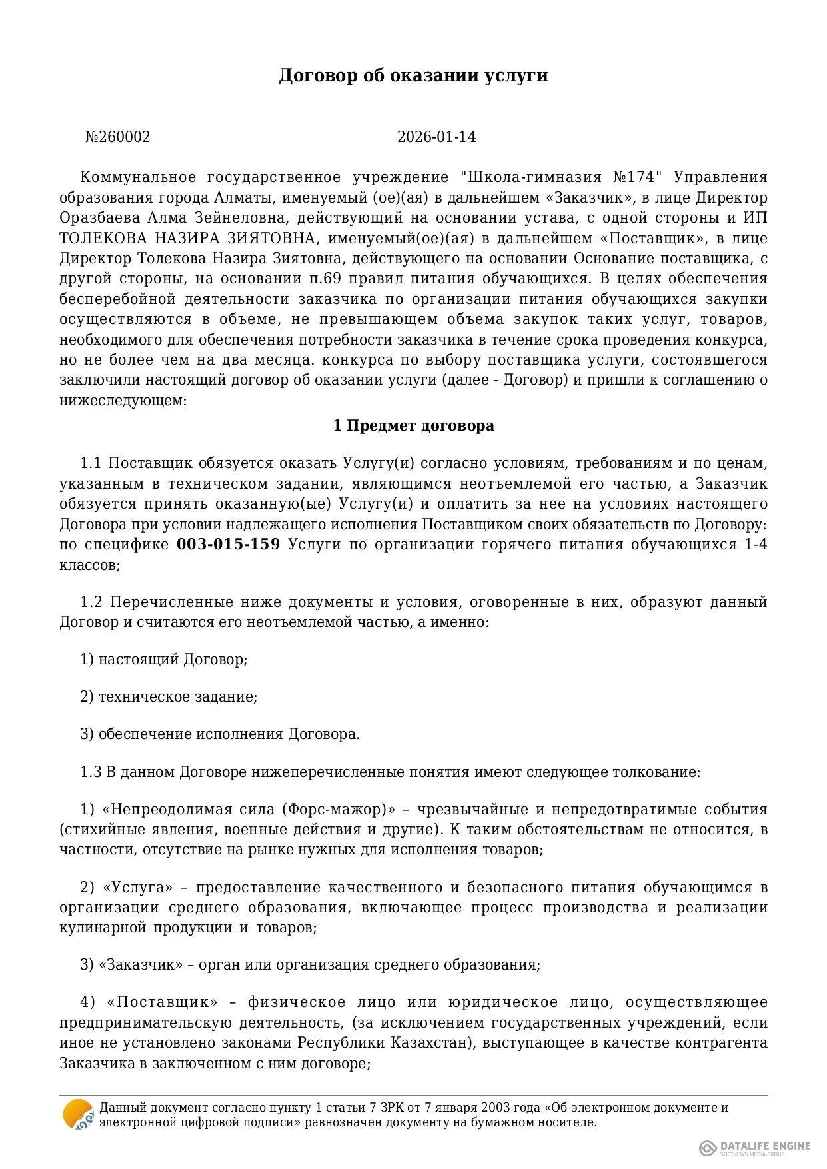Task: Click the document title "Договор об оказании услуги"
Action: (x=413, y=75)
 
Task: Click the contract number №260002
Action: (x=118, y=137)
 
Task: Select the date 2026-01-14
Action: (x=436, y=137)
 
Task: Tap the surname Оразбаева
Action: (x=100, y=218)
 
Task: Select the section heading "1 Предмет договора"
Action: (x=413, y=426)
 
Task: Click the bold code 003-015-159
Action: (x=228, y=545)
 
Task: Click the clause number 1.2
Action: (x=91, y=602)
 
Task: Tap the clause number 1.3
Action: (x=91, y=772)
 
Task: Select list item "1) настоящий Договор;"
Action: (x=164, y=660)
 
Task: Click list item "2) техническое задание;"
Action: (x=169, y=697)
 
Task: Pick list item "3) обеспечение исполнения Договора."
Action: (x=220, y=734)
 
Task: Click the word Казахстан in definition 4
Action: (x=434, y=1043)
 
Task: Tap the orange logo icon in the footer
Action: (x=77, y=1114)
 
